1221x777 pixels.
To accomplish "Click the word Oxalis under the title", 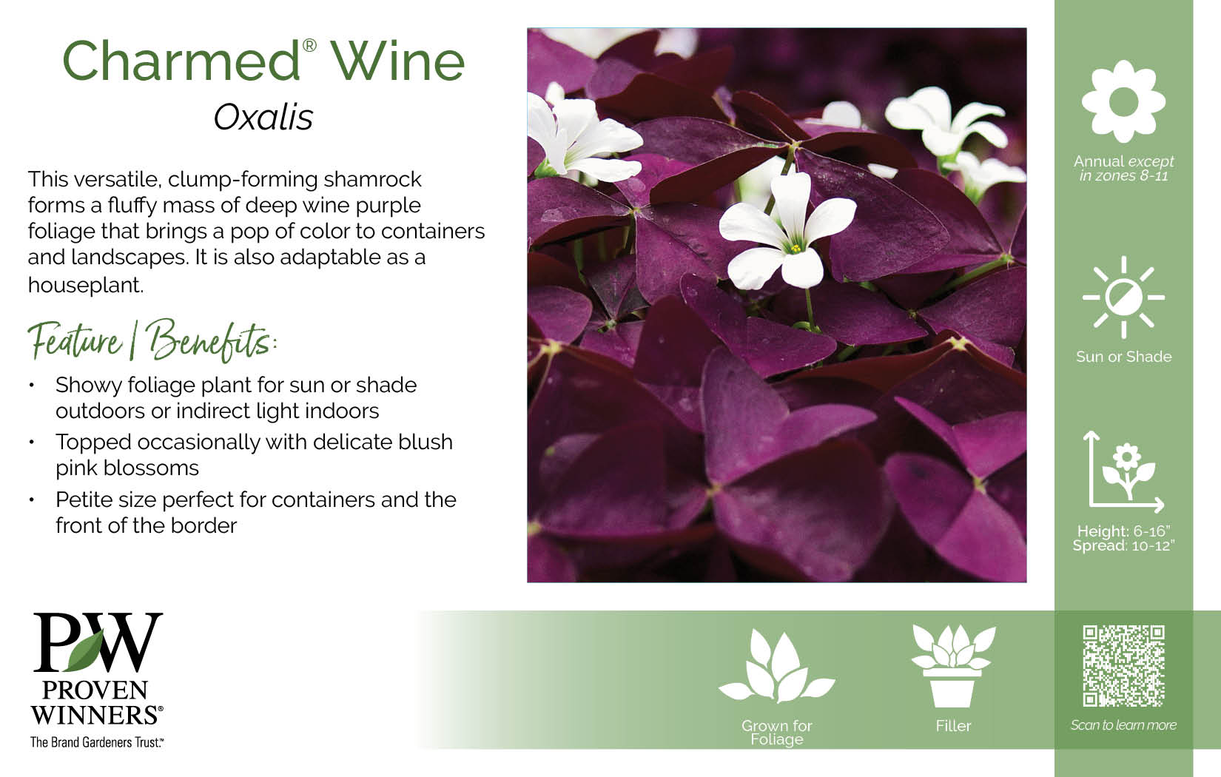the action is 263,117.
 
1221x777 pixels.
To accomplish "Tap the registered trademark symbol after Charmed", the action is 309,45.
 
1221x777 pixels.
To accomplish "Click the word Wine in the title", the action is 397,61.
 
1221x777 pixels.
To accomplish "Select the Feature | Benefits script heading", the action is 152,340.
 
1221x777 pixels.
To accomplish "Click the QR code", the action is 1123,666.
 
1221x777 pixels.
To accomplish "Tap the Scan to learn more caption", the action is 1123,725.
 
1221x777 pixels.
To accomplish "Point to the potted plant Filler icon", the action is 953,666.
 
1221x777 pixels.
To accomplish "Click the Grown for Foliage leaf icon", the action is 777,666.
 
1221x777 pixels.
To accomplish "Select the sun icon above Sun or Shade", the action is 1123,297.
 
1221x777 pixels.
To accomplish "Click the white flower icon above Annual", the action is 1123,101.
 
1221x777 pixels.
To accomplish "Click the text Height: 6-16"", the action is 1123,531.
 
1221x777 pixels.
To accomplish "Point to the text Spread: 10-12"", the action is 1123,545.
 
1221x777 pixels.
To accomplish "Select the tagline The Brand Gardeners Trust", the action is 96,742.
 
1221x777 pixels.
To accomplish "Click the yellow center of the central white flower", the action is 795,249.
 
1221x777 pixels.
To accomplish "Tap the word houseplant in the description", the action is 86,285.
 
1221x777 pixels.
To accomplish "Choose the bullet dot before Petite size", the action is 32,499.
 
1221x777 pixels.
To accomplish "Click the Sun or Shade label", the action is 1123,357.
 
